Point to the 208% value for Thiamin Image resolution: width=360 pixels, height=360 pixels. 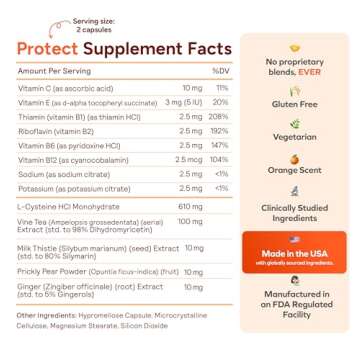[x=220, y=130]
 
